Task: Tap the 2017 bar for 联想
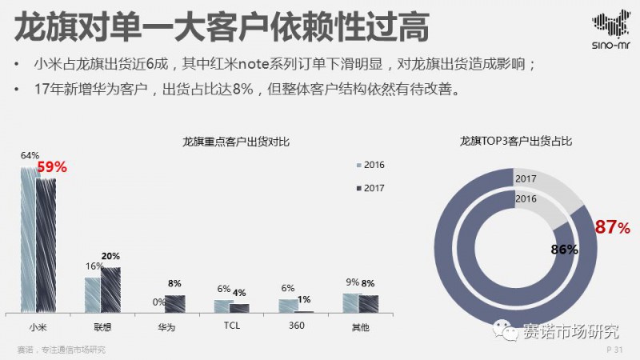pyautogui.click(x=110, y=289)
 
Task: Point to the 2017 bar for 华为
pyautogui.click(x=175, y=303)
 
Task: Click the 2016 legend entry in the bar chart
pyautogui.click(x=370, y=165)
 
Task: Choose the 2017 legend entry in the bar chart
pyautogui.click(x=370, y=188)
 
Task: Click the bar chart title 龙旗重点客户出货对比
pyautogui.click(x=236, y=142)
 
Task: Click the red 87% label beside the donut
pyautogui.click(x=612, y=227)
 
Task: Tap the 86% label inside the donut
pyautogui.click(x=564, y=250)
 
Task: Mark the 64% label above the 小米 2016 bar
pyautogui.click(x=30, y=155)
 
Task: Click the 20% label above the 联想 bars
pyautogui.click(x=110, y=256)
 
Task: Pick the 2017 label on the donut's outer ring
pyautogui.click(x=526, y=179)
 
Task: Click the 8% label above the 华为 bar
pyautogui.click(x=174, y=284)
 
